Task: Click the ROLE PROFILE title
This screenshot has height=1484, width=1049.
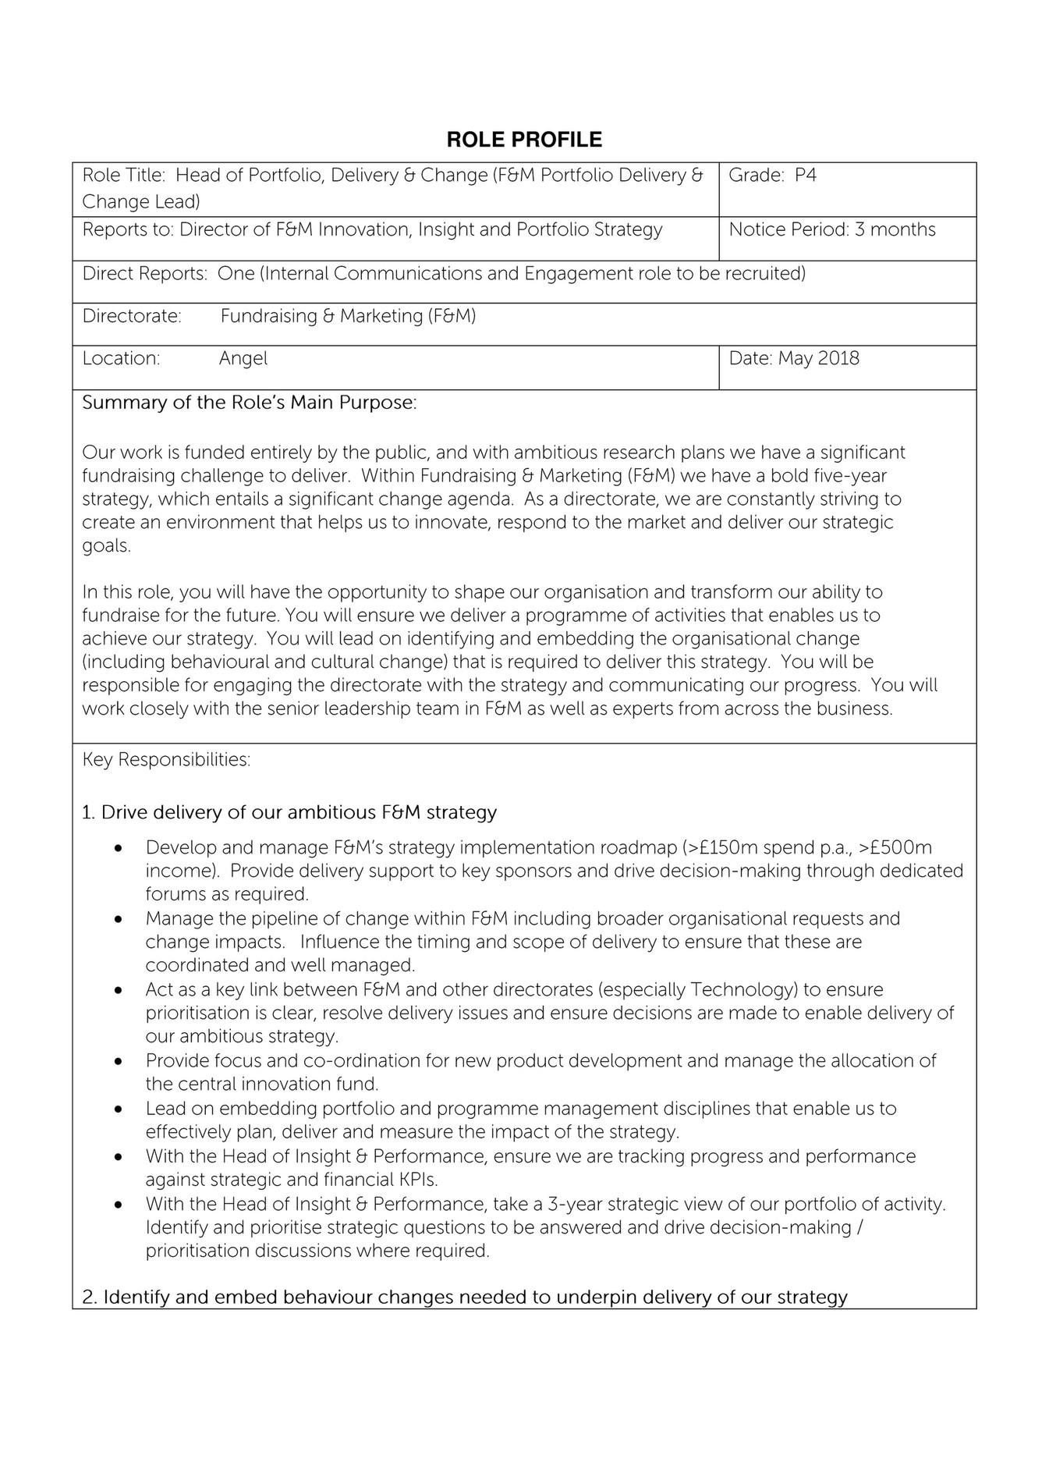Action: coord(524,140)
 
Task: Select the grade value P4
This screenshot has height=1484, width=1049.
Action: coord(805,176)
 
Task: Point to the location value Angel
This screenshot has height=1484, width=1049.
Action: coord(243,359)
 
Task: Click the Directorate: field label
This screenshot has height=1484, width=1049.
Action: coord(132,317)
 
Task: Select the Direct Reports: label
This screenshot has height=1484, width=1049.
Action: coord(145,274)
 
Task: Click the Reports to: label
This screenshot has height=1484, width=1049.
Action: coord(128,230)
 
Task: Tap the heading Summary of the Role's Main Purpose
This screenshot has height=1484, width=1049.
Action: coord(250,403)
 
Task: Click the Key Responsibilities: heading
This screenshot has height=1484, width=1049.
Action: coord(166,760)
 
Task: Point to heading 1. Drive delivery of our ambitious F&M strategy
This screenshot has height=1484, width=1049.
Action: coord(289,812)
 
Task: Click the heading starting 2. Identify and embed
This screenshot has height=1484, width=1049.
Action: coord(464,1298)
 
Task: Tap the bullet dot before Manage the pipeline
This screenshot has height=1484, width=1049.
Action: coord(119,919)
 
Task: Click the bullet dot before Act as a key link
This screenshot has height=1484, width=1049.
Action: coord(119,991)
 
